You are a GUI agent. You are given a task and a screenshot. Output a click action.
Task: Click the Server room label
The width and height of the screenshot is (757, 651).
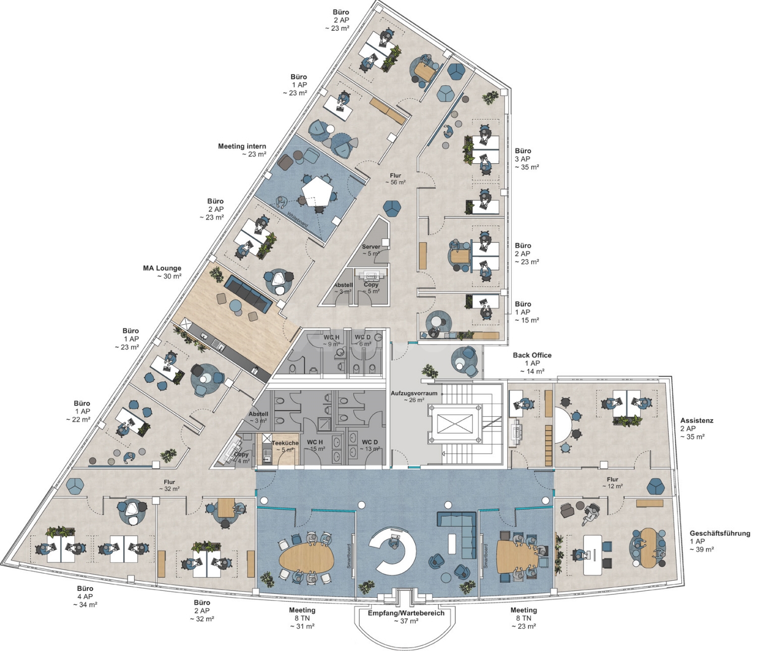[371, 250]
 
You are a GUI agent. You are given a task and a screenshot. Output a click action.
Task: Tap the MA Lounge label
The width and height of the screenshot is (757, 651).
[162, 272]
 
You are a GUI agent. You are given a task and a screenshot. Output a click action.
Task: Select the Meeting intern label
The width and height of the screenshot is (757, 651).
[242, 150]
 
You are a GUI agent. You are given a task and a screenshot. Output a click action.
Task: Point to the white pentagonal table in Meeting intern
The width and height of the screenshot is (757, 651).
[317, 190]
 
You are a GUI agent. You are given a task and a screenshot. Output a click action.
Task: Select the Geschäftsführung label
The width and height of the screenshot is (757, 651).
[720, 541]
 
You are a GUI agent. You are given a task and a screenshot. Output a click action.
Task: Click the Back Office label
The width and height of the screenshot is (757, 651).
[532, 363]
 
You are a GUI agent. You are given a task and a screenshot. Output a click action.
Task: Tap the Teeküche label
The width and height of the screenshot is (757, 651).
[285, 446]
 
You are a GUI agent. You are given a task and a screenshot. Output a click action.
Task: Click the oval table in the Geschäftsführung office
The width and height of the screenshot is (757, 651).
[648, 548]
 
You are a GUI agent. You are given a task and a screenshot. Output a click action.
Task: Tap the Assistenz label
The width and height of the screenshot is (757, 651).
[696, 428]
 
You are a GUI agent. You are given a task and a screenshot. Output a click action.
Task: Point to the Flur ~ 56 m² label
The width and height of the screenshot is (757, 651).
[395, 179]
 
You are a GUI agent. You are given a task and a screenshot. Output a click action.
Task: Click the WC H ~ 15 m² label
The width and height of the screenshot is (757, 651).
[316, 445]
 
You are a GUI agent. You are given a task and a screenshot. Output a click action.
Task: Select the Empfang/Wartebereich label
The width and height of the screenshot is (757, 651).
[406, 617]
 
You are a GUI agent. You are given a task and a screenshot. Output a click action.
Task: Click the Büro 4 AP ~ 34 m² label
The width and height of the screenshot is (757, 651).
[85, 596]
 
